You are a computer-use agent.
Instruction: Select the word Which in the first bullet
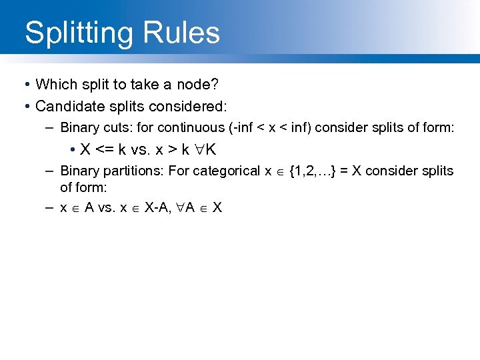click(54, 85)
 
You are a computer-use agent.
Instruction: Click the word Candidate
click(67, 106)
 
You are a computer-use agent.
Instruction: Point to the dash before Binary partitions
click(50, 171)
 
